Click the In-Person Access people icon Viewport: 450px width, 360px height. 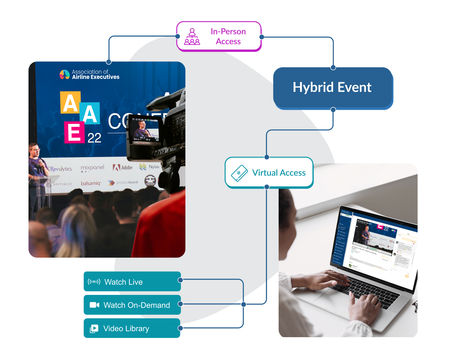(192, 37)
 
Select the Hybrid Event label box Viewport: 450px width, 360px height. (332, 87)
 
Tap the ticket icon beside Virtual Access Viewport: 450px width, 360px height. (239, 173)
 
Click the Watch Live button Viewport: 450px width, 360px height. (132, 282)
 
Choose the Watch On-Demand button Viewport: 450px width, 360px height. (132, 305)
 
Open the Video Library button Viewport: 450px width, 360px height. (132, 328)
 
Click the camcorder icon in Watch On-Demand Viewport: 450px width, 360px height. (94, 305)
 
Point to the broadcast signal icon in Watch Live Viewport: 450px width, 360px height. (94, 282)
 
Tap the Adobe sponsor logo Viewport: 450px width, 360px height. (123, 167)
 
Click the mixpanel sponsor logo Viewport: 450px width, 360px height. (92, 168)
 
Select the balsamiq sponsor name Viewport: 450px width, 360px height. (91, 183)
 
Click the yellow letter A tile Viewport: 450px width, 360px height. (70, 103)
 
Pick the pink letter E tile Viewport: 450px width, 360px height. (74, 132)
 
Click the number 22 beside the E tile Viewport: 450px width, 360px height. (94, 138)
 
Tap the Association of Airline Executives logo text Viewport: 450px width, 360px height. (95, 74)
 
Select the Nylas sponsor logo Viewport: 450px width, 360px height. (149, 167)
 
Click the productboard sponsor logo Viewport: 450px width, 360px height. (123, 182)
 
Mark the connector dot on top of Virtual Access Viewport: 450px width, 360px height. (267, 157)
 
